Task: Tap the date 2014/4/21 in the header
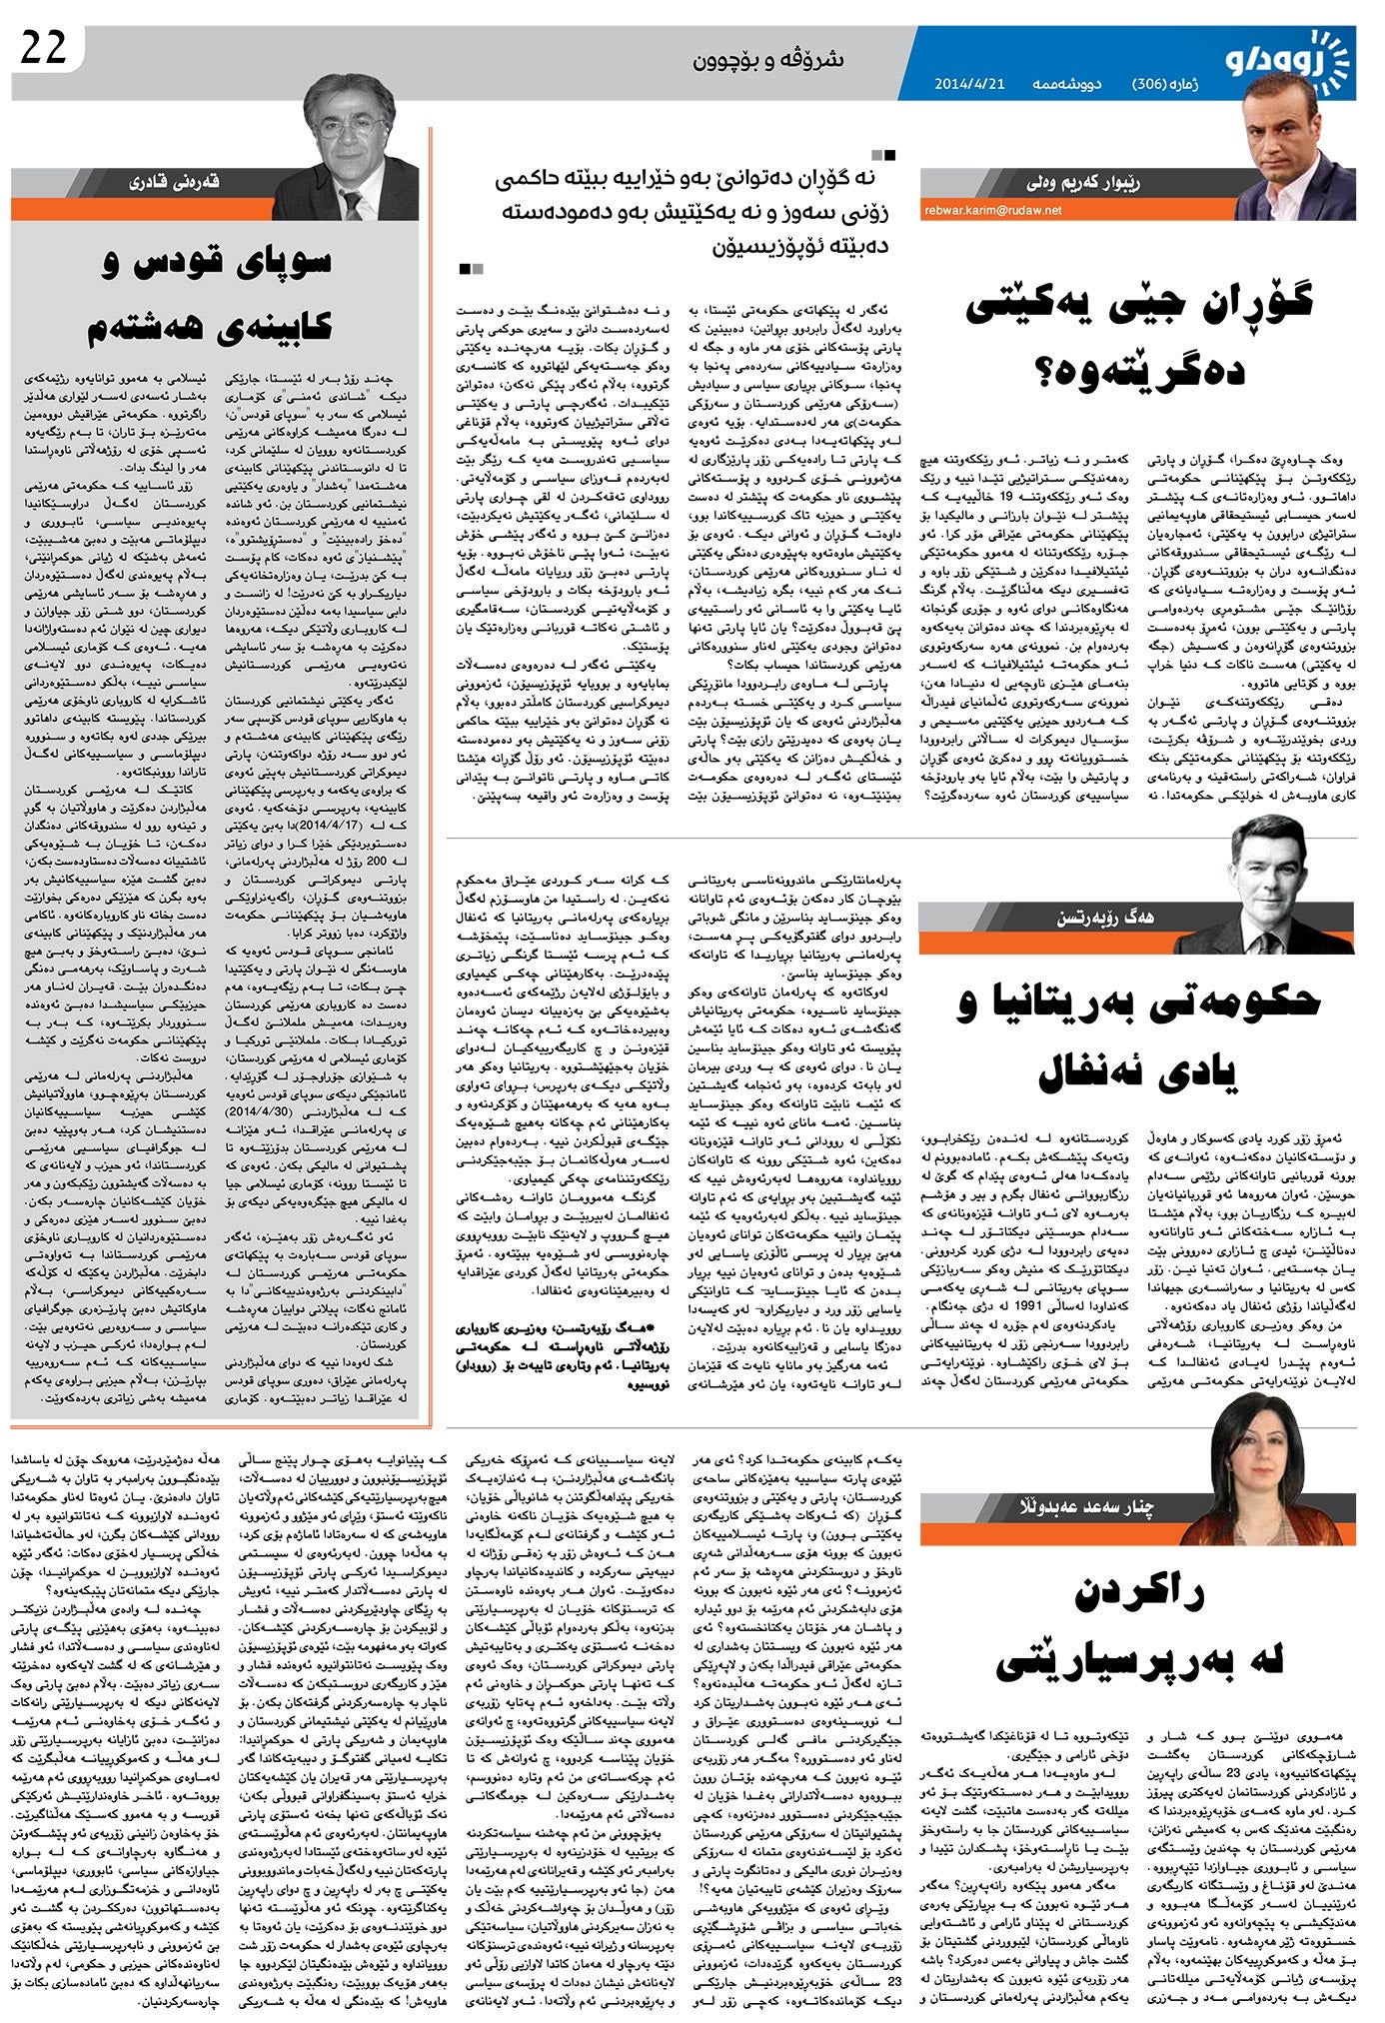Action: point(968,84)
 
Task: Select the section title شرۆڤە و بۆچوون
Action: point(768,60)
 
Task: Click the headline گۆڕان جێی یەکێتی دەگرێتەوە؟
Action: point(1138,335)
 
